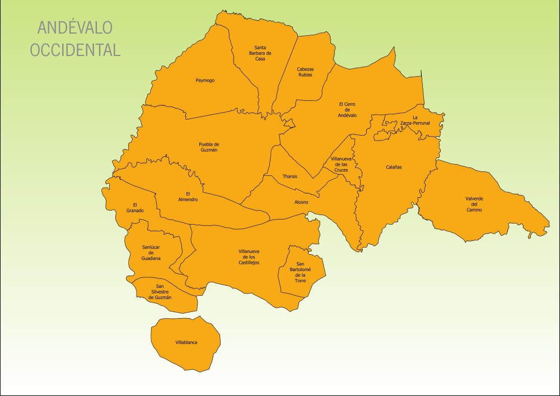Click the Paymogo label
tap(205, 80)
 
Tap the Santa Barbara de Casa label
tap(260, 53)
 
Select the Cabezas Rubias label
tap(305, 72)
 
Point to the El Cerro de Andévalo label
tap(347, 109)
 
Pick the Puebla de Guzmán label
tap(209, 147)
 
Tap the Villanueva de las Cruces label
tap(342, 164)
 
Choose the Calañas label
tap(394, 167)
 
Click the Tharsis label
tap(290, 176)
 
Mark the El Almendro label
tap(188, 197)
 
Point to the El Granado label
tap(135, 207)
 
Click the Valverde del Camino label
tap(474, 204)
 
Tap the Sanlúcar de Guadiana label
tap(151, 253)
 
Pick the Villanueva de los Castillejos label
tap(249, 257)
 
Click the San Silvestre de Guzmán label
tap(160, 291)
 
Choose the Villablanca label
tap(186, 342)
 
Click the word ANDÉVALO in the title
tap(75, 27)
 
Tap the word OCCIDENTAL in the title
tap(75, 50)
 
